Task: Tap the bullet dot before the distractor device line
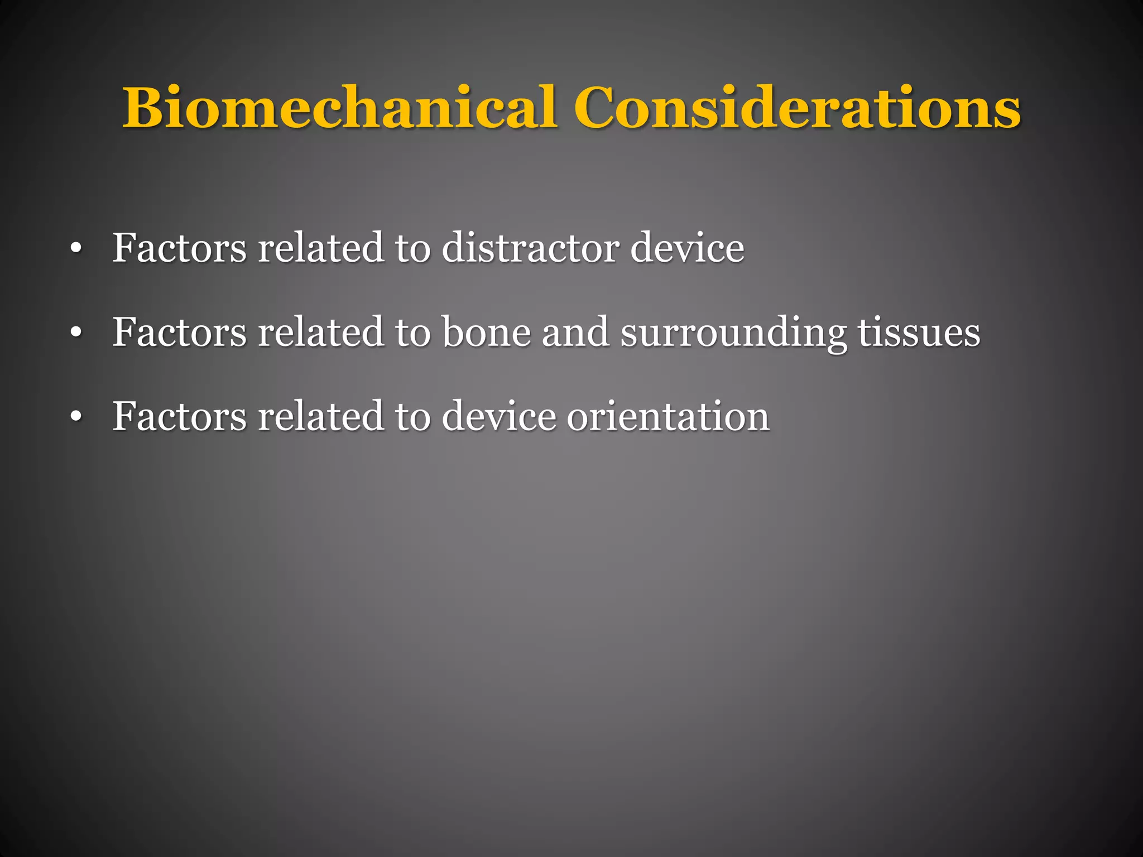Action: [x=76, y=249]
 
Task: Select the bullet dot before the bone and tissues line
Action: [x=76, y=333]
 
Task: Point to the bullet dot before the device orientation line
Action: [x=76, y=417]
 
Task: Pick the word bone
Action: [x=486, y=333]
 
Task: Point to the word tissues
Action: [x=919, y=333]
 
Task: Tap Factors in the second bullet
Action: [x=179, y=333]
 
